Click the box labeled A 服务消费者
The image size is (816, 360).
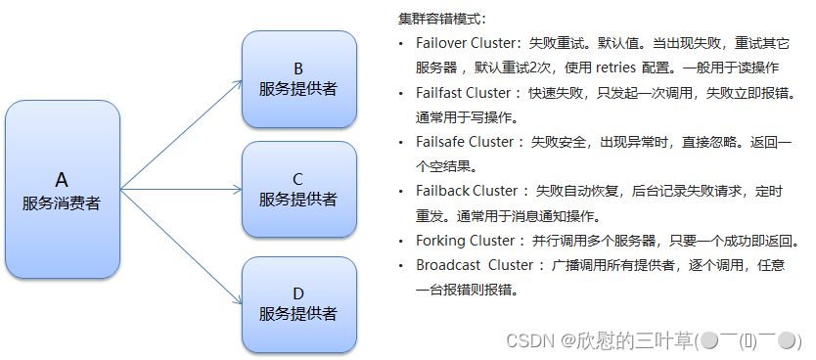62,190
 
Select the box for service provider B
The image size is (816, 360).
298,79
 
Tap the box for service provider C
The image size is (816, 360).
298,190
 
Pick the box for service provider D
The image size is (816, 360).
298,304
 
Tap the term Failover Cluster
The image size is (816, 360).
464,45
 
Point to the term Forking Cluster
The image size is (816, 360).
465,240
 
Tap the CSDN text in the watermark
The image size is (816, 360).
529,339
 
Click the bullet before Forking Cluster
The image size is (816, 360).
401,241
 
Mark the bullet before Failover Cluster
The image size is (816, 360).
401,46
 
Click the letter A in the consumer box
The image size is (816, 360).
62,180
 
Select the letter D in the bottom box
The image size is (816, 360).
298,293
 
